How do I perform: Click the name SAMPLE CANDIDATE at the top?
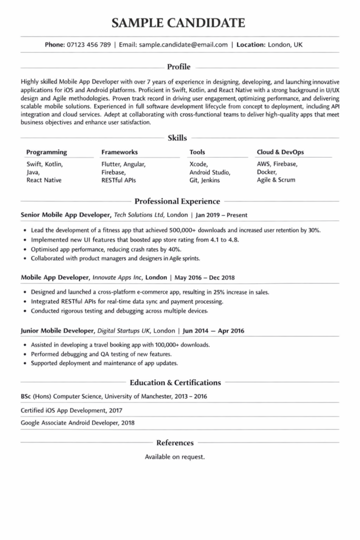tap(179, 22)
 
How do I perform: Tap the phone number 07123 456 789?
tap(89, 45)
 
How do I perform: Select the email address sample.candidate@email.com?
tap(183, 45)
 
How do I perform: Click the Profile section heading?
tap(179, 67)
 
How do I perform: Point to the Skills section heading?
tap(177, 138)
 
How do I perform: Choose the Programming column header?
tap(46, 152)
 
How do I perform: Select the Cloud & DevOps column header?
tap(280, 152)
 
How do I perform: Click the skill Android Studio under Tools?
tap(210, 172)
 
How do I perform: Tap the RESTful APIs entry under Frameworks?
tap(119, 180)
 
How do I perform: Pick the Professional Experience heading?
tap(177, 201)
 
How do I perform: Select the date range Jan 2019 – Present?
tap(221, 215)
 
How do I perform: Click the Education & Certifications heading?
tap(175, 383)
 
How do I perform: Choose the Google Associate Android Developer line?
tap(77, 422)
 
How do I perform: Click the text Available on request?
tap(175, 457)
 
